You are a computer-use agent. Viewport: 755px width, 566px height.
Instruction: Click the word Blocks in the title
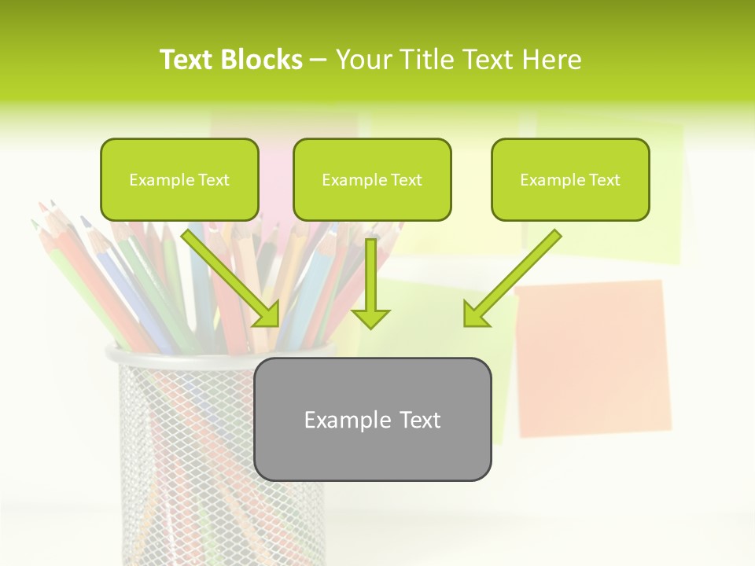261,60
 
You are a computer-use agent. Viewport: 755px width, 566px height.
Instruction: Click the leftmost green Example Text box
179,179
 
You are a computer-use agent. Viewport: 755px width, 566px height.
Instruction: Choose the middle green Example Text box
372,179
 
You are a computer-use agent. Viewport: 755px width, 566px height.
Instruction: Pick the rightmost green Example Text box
570,179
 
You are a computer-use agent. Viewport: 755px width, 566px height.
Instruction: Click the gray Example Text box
372,419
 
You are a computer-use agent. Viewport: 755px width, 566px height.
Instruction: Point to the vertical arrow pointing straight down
370,283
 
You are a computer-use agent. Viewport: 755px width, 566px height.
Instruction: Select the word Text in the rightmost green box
604,180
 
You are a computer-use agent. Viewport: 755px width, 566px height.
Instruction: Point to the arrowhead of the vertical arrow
370,318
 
